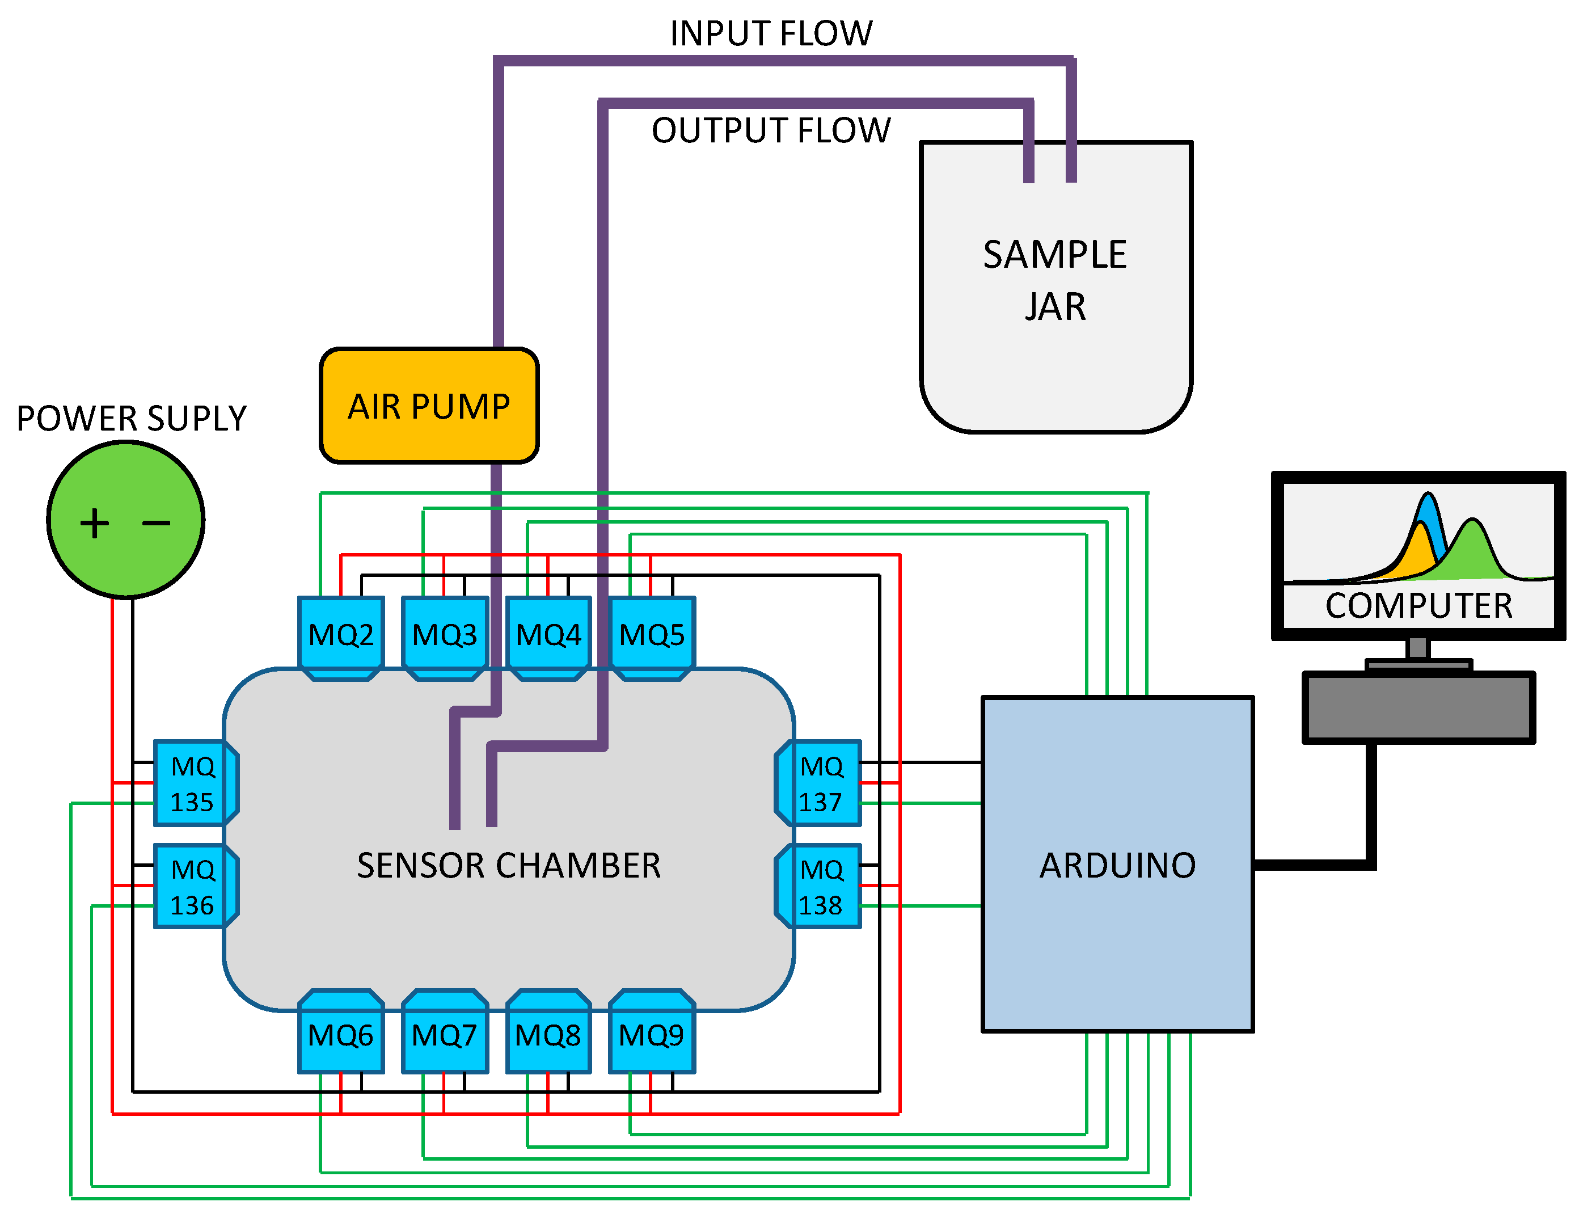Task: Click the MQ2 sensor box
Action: [340, 635]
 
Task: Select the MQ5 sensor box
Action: [652, 635]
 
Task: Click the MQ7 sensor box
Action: [444, 1035]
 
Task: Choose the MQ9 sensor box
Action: [652, 1035]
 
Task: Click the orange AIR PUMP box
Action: [429, 406]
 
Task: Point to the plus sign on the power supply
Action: [94, 523]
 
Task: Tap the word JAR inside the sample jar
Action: [1055, 307]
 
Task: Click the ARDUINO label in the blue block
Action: [1117, 865]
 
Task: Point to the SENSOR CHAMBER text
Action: [508, 865]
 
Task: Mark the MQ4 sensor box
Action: [548, 635]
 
